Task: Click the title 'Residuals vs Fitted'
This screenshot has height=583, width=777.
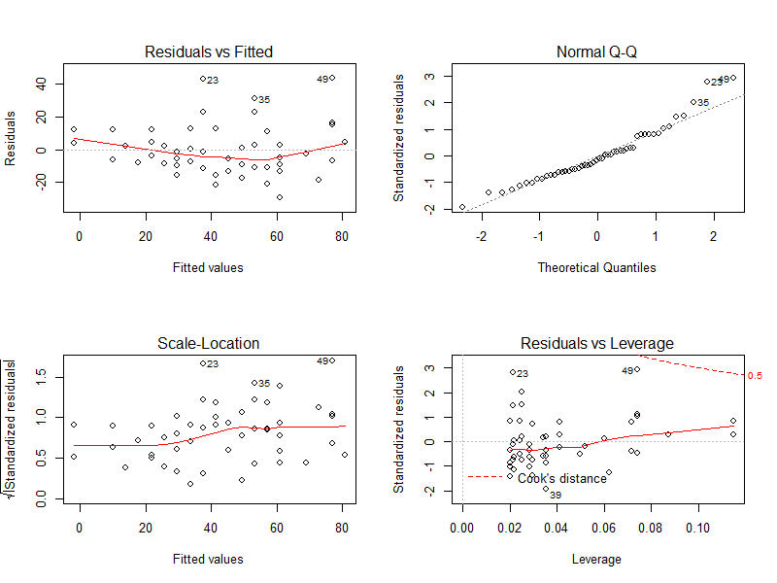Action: pos(208,51)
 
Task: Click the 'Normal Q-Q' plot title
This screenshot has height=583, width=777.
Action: pos(597,51)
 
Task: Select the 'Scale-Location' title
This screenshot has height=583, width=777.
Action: pos(208,343)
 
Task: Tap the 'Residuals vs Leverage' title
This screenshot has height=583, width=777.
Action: pos(597,343)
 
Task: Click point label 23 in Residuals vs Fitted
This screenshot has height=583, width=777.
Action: pos(213,81)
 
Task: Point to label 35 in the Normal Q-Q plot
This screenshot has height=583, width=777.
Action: pos(704,102)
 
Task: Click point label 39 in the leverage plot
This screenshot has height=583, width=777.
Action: pos(556,496)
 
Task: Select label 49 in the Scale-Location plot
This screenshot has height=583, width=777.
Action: pos(323,361)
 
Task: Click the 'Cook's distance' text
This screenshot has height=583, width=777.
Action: pos(561,478)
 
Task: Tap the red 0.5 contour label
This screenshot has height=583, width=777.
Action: pos(755,375)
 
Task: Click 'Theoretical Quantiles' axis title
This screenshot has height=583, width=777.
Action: pos(597,267)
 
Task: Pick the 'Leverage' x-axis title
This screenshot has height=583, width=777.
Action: pos(597,559)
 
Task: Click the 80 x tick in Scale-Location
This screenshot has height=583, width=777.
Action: pos(341,530)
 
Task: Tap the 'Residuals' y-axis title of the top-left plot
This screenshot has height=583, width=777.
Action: pos(12,137)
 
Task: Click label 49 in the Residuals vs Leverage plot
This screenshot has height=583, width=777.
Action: pos(627,370)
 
